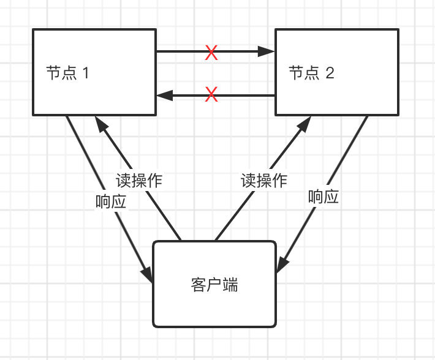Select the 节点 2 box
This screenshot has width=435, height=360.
click(x=336, y=72)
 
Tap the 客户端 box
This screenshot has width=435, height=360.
click(x=214, y=283)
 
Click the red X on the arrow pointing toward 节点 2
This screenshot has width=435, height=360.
click(x=211, y=53)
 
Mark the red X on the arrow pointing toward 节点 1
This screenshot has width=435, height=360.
click(x=211, y=95)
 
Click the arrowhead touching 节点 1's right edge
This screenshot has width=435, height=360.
click(x=164, y=96)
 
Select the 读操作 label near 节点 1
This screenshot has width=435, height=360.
click(x=139, y=181)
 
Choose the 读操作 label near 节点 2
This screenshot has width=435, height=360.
click(x=263, y=181)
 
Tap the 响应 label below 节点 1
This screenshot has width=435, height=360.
click(x=111, y=202)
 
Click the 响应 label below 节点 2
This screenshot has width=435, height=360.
click(x=323, y=197)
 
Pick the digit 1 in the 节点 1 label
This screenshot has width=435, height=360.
click(x=86, y=73)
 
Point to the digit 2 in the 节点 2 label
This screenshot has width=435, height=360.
click(x=330, y=73)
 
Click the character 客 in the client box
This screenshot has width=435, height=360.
click(x=198, y=285)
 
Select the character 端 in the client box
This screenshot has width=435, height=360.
click(x=231, y=285)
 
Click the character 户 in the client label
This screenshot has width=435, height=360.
click(x=214, y=285)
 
